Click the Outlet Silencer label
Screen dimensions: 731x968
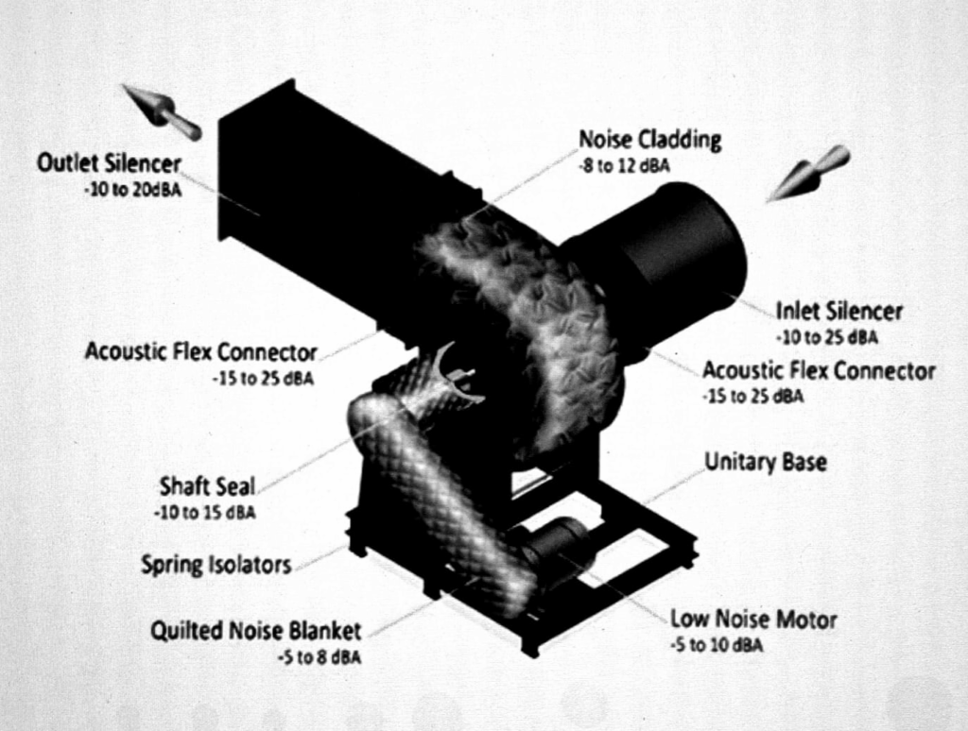(109, 163)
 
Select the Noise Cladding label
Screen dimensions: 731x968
(649, 141)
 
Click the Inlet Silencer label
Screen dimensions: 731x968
(838, 311)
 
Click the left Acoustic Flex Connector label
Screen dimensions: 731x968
(200, 352)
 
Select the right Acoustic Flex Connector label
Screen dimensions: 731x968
(819, 370)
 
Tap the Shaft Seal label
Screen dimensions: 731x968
(207, 487)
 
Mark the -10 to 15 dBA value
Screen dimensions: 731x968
(204, 513)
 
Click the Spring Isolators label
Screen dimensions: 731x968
(216, 565)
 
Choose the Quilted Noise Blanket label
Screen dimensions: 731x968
(256, 630)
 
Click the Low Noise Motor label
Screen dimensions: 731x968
(752, 620)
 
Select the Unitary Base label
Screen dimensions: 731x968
(765, 462)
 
